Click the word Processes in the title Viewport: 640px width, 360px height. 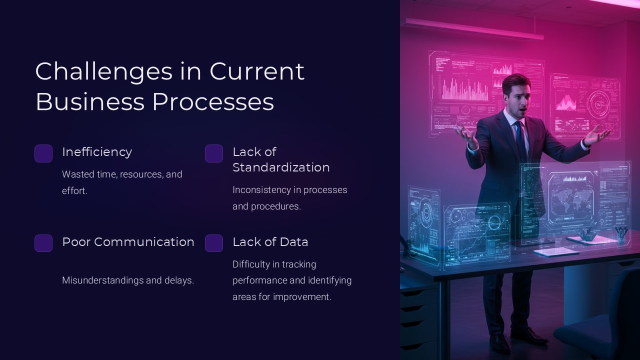pos(213,101)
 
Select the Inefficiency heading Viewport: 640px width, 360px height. pos(97,152)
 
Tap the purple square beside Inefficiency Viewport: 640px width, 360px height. pos(43,153)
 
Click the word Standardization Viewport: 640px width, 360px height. pos(281,167)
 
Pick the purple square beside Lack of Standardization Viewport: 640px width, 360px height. pos(214,153)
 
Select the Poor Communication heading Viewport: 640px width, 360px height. pos(128,242)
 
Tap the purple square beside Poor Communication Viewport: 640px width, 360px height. pos(43,243)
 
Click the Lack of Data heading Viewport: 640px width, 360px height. pos(270,242)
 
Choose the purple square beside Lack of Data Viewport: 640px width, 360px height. pos(214,243)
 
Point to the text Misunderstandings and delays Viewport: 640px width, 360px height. pos(128,280)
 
